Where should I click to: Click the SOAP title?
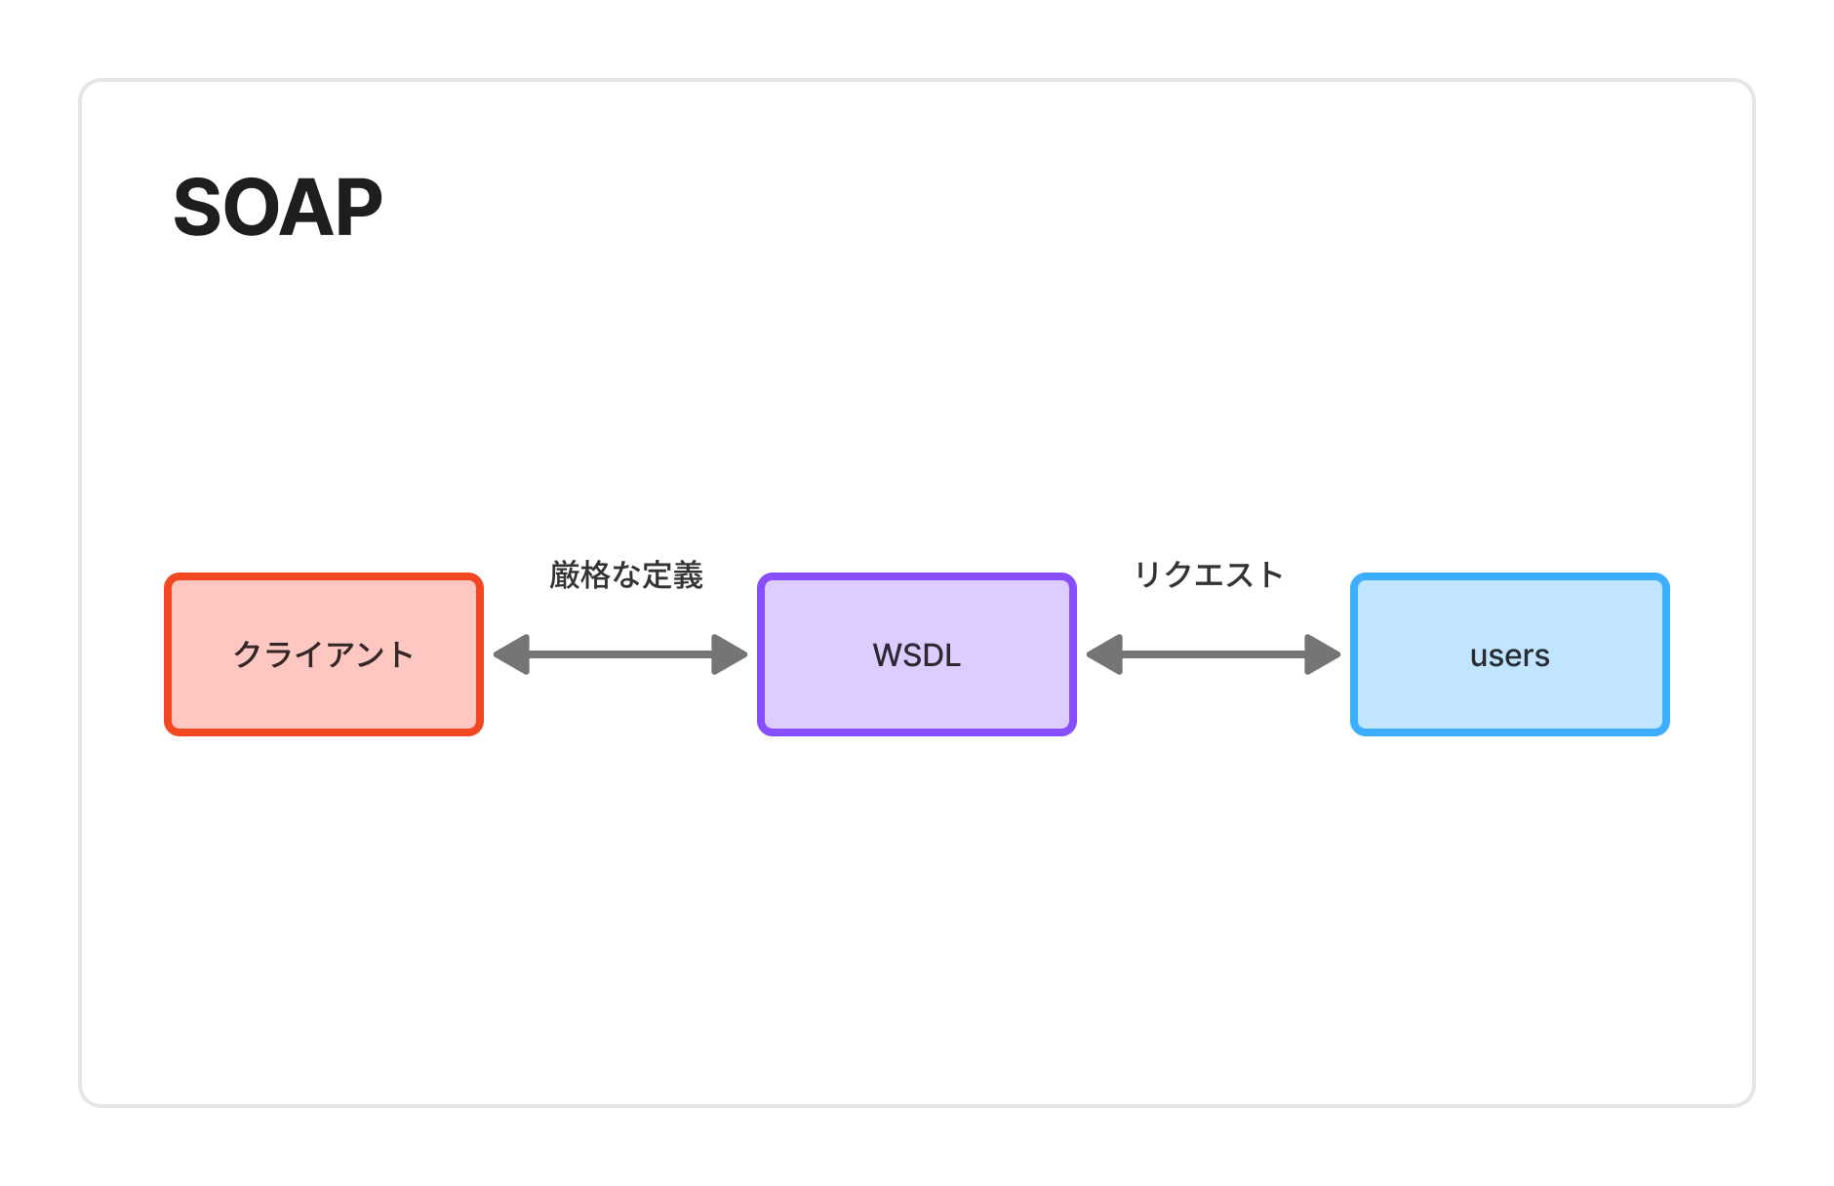pyautogui.click(x=277, y=208)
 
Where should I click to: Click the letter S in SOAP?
pyautogui.click(x=199, y=208)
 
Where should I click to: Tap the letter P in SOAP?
pyautogui.click(x=357, y=208)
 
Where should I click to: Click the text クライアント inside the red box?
pyautogui.click(x=324, y=654)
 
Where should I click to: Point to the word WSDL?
pyautogui.click(x=916, y=655)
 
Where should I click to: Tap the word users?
pyautogui.click(x=1509, y=656)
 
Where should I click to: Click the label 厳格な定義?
pyautogui.click(x=626, y=575)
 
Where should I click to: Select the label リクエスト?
pyautogui.click(x=1209, y=574)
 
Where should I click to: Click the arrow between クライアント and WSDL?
pyautogui.click(x=620, y=654)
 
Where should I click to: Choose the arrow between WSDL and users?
pyautogui.click(x=1214, y=654)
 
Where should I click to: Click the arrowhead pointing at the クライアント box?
pyautogui.click(x=512, y=654)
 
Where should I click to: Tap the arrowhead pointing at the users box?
pyautogui.click(x=1323, y=654)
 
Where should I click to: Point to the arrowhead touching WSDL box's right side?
pyautogui.click(x=1105, y=654)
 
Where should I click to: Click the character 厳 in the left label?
pyautogui.click(x=565, y=575)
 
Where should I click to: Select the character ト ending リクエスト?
pyautogui.click(x=1271, y=574)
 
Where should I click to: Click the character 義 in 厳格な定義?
pyautogui.click(x=688, y=575)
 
